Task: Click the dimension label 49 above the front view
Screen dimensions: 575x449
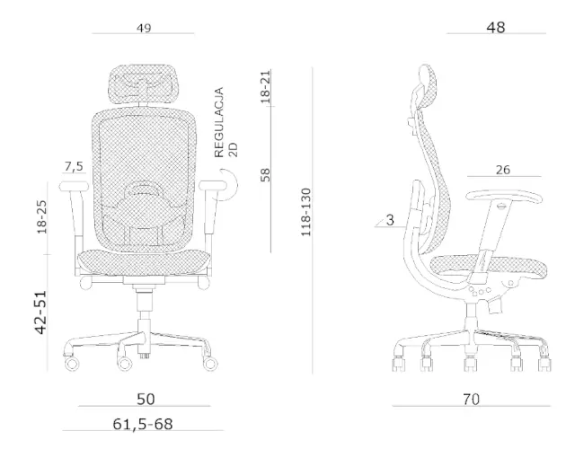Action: (144, 28)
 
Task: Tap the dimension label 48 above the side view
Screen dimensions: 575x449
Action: (496, 28)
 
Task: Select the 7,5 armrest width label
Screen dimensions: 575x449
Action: (74, 167)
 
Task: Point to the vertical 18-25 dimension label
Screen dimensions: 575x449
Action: (42, 216)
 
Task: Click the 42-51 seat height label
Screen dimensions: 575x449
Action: (41, 313)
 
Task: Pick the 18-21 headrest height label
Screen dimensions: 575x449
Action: (265, 87)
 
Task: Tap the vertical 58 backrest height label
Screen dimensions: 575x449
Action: (265, 175)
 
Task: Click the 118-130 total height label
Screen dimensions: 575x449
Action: (305, 212)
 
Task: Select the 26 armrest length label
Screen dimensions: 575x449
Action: (503, 170)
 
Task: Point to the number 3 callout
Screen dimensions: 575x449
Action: (390, 220)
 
